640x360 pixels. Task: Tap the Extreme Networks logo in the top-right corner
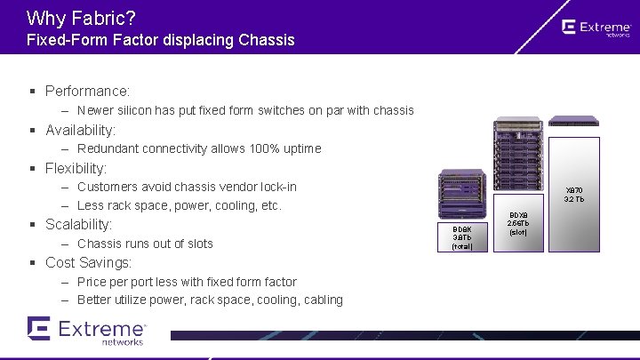coord(596,28)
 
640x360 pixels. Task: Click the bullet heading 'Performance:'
coord(87,91)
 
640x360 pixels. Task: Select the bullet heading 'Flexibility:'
coord(76,168)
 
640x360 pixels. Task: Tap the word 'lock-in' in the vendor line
coord(276,187)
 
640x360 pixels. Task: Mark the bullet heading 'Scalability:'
coord(78,225)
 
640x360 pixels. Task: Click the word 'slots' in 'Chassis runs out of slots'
coord(196,244)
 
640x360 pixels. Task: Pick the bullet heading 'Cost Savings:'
coord(88,262)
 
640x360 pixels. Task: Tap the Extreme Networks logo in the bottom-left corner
coord(86,330)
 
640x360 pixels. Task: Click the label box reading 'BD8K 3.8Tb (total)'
coord(462,237)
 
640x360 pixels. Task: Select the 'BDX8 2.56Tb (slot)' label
coord(517,224)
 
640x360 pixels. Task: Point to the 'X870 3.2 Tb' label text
coord(574,195)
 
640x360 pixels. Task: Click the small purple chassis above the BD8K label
coord(462,196)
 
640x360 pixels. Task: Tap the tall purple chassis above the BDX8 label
coord(517,164)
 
